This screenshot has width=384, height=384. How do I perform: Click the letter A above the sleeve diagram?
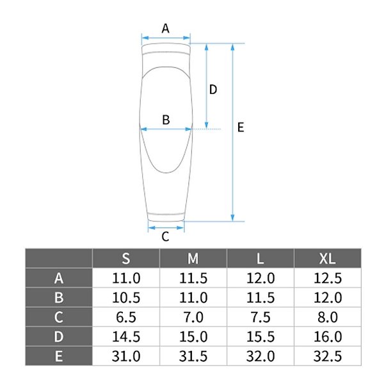click(166, 28)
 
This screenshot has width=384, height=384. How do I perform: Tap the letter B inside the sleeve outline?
click(166, 120)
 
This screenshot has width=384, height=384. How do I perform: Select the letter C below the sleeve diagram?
click(165, 237)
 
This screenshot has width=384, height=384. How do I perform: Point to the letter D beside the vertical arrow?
click(213, 90)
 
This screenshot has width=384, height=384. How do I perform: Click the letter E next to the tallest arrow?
click(241, 127)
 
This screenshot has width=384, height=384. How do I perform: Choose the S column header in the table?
click(126, 259)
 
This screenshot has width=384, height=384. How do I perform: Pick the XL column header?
click(328, 259)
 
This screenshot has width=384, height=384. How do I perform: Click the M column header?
click(193, 259)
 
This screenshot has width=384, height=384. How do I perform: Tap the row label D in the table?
click(59, 337)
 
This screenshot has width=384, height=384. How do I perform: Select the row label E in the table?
click(59, 356)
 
